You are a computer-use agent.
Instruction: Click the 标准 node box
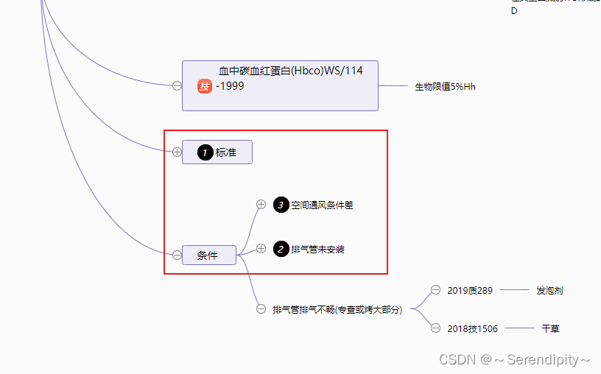[217, 152]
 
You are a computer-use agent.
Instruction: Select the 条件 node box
[209, 255]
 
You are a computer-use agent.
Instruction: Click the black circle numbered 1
[205, 152]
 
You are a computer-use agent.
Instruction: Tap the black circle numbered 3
[281, 205]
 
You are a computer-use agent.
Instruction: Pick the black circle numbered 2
[281, 250]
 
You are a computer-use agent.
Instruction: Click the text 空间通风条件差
[322, 205]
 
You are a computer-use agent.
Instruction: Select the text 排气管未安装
[317, 250]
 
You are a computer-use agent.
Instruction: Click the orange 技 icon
[205, 87]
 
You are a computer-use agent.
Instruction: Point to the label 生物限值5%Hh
[445, 87]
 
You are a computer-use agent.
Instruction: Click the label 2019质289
[470, 291]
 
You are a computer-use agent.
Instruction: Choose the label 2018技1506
[472, 328]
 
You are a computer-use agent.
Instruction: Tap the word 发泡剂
[549, 291]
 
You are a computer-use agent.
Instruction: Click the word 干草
[550, 328]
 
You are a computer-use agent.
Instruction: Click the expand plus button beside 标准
[177, 152]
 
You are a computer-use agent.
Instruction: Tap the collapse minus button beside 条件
[177, 255]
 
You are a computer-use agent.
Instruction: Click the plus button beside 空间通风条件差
[261, 205]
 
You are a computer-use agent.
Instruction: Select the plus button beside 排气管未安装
[261, 249]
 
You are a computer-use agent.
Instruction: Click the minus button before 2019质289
[436, 290]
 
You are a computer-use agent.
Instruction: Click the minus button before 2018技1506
[436, 328]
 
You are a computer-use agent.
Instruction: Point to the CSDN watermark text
[514, 360]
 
